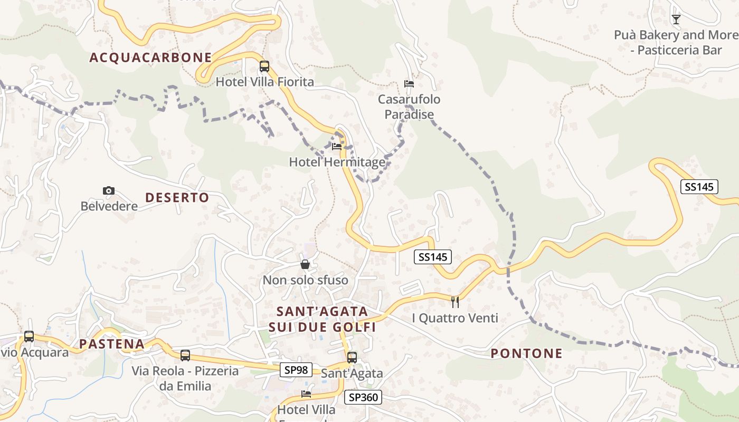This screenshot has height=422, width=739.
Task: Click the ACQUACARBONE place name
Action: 150,57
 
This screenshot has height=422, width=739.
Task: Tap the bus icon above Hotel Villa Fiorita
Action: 264,67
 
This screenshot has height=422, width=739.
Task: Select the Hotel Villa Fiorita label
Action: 265,82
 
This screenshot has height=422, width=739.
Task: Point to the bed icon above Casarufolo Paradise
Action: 409,83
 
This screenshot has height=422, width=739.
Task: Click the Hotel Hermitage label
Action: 337,162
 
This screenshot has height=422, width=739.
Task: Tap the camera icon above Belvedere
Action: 109,190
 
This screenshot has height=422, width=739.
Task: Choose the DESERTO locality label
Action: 177,198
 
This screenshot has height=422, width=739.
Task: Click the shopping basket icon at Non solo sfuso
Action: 305,264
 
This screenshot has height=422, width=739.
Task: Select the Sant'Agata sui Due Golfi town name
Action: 322,319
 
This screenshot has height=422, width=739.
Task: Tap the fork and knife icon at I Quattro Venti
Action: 455,302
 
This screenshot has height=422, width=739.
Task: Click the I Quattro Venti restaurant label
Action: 455,318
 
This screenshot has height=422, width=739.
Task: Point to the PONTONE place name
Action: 527,353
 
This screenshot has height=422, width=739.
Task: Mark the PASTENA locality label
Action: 112,344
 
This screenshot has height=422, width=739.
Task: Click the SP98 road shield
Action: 296,370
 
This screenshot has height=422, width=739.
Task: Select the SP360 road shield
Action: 363,397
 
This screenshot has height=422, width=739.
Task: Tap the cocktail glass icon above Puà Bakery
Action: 676,20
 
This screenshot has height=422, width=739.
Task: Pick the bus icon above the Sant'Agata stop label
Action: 352,357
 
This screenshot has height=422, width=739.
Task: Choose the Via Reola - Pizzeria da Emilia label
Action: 185,378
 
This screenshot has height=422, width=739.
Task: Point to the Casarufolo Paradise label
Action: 409,107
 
